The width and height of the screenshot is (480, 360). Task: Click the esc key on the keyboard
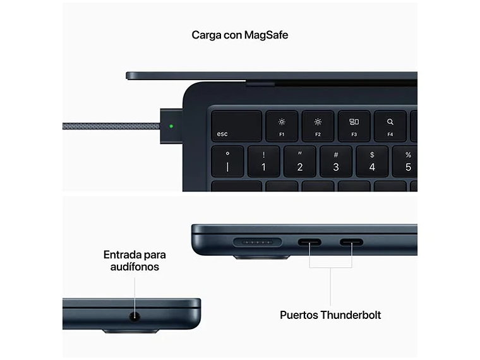click(x=236, y=126)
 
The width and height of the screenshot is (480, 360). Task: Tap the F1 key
click(x=282, y=126)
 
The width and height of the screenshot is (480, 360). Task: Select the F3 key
click(x=354, y=126)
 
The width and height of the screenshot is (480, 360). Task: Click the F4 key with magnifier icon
click(x=390, y=126)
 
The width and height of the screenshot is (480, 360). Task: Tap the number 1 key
click(x=264, y=162)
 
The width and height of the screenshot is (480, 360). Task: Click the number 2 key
click(x=300, y=162)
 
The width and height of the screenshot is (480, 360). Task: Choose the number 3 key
click(x=336, y=162)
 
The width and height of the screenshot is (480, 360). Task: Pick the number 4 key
click(x=372, y=162)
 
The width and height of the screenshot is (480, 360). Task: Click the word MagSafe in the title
click(x=264, y=35)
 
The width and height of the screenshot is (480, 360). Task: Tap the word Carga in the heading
click(x=206, y=35)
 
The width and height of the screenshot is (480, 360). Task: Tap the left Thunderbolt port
click(x=309, y=241)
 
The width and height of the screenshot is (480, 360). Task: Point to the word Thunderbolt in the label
click(x=351, y=315)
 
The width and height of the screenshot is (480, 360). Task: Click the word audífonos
click(x=132, y=267)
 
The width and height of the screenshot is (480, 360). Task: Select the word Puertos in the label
click(x=299, y=315)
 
